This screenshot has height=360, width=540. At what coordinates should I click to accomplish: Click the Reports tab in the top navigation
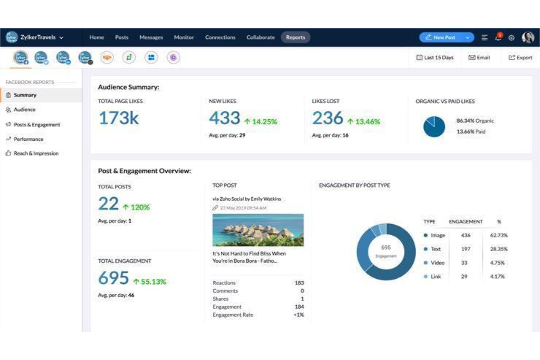(x=295, y=37)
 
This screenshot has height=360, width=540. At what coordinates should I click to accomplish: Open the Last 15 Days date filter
(x=435, y=58)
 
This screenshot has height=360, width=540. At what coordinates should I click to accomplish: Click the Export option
(x=520, y=58)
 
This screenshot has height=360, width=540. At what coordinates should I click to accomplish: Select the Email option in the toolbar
(x=479, y=58)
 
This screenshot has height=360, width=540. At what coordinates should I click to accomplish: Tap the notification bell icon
(x=498, y=37)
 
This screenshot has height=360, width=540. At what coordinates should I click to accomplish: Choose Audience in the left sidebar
(x=24, y=109)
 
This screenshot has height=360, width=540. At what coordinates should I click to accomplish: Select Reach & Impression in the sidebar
(x=36, y=153)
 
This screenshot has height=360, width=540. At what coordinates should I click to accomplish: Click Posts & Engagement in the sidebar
(x=36, y=125)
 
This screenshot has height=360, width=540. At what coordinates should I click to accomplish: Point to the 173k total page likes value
(x=119, y=118)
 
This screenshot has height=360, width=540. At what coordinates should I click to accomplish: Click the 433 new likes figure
(x=224, y=118)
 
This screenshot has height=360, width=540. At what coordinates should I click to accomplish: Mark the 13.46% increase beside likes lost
(x=367, y=122)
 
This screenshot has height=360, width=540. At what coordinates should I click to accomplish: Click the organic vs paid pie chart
(x=434, y=127)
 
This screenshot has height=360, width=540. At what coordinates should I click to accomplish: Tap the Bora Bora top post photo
(x=258, y=230)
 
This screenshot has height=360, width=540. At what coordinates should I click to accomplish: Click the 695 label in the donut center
(x=386, y=248)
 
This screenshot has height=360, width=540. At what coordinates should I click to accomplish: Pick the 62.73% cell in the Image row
(x=498, y=235)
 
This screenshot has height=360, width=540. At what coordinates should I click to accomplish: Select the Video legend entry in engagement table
(x=437, y=263)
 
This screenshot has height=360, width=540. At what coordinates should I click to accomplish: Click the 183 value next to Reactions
(x=299, y=283)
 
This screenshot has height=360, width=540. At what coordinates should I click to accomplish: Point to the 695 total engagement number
(x=113, y=278)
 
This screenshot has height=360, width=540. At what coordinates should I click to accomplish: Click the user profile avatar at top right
(x=528, y=37)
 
